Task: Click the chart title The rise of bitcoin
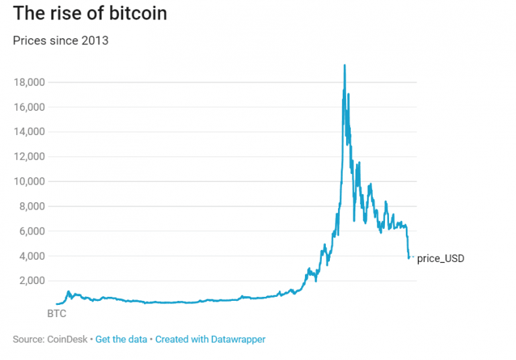90,13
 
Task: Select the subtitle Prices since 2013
61,40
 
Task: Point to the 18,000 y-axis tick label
28,82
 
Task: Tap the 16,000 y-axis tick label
28,107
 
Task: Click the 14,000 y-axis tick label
28,132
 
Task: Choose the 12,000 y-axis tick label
28,156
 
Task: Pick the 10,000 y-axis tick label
28,181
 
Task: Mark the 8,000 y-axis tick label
31,206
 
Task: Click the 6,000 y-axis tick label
31,231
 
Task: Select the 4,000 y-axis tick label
31,256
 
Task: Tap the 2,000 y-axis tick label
31,281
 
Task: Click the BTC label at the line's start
56,313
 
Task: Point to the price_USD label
441,258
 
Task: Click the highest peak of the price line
345,65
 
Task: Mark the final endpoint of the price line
409,258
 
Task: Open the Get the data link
121,339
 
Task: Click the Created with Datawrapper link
210,339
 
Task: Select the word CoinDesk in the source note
68,339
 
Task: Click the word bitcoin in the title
138,13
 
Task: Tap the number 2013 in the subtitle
95,40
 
